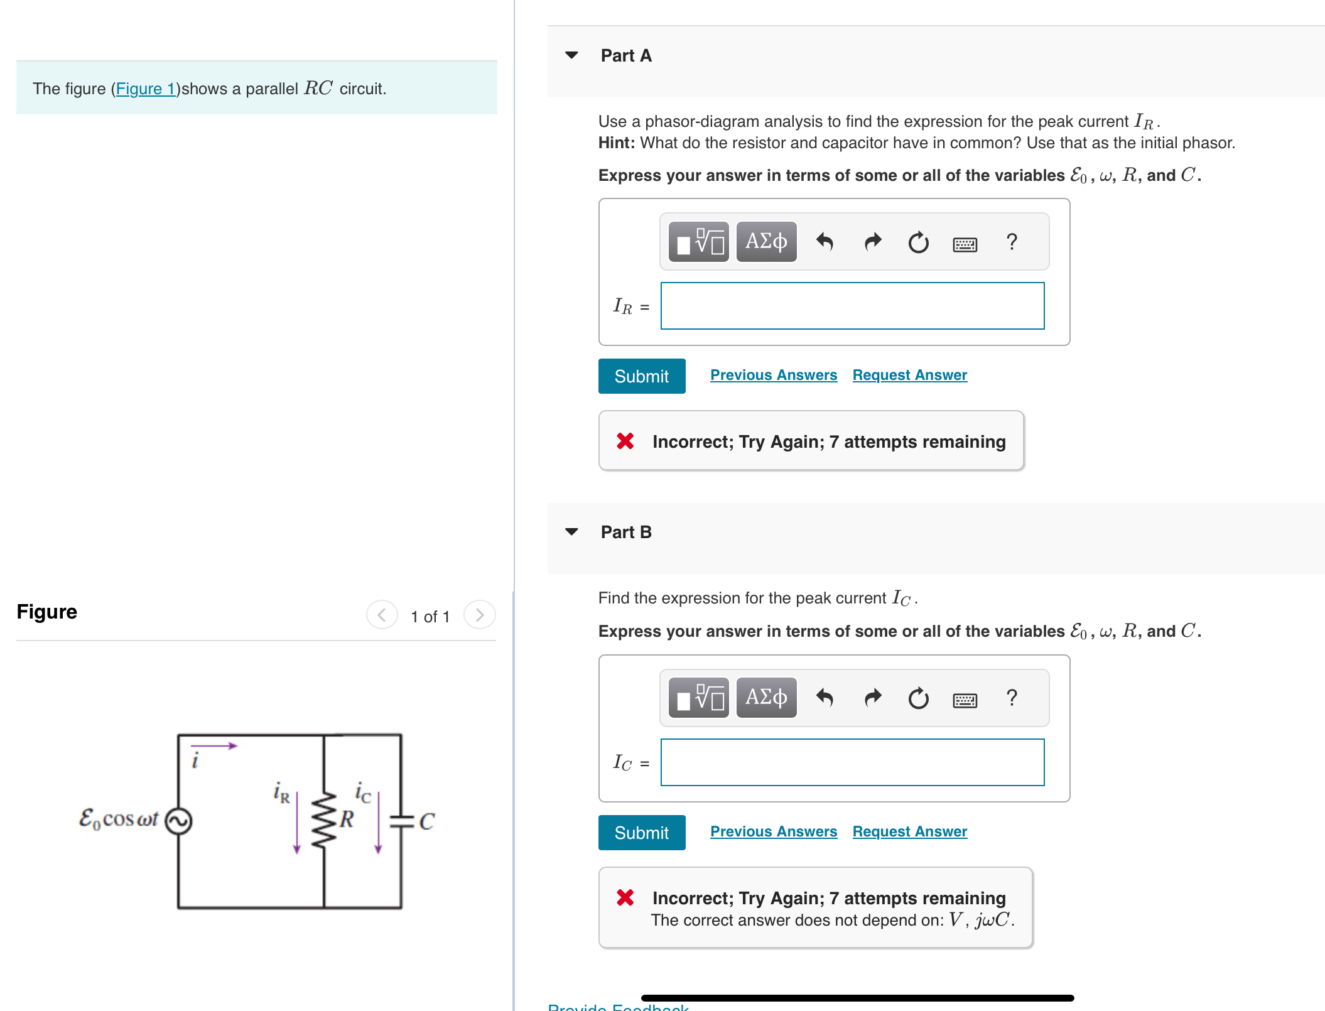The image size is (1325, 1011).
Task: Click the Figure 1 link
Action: [146, 89]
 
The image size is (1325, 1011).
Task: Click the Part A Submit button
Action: [641, 376]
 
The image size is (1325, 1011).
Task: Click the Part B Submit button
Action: [641, 833]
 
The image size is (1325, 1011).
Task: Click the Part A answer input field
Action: [852, 306]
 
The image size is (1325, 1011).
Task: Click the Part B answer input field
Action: [852, 762]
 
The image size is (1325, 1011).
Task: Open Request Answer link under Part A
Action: [909, 375]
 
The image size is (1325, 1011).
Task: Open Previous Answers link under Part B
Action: [773, 831]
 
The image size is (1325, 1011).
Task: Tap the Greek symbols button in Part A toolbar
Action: [766, 241]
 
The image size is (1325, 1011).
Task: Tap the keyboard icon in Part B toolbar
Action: [965, 700]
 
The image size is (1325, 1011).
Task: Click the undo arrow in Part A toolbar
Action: [825, 241]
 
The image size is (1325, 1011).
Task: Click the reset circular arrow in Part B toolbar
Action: [918, 698]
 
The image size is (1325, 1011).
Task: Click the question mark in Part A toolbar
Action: [1012, 241]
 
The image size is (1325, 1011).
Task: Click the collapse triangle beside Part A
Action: [571, 55]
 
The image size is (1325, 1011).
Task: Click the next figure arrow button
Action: [480, 615]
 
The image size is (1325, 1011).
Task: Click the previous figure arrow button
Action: [382, 615]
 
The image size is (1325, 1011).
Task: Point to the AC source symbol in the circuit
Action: [178, 821]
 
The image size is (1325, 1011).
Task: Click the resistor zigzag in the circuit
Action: [324, 820]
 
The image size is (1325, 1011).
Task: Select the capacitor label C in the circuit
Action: [427, 821]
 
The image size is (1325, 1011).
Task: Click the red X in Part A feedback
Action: [625, 441]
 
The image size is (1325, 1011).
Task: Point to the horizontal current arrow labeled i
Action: [214, 746]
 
